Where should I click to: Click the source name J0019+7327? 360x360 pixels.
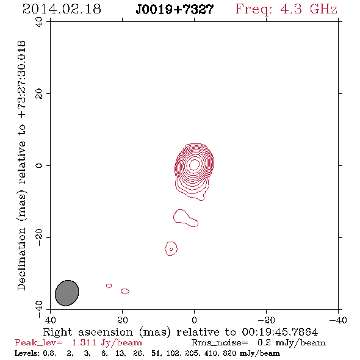(x=175, y=10)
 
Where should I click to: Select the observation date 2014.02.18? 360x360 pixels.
(x=62, y=9)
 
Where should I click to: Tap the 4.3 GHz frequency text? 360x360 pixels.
(x=309, y=9)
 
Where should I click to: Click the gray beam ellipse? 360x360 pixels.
(x=67, y=293)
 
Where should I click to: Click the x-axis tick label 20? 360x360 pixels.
(x=123, y=320)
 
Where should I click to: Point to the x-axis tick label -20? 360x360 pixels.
(x=266, y=320)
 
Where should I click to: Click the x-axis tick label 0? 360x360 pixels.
(x=194, y=320)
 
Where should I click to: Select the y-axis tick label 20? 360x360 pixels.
(x=39, y=94)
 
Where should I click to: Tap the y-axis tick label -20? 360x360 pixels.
(x=39, y=237)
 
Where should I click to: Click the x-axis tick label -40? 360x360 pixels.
(x=338, y=320)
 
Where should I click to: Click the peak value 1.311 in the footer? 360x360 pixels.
(x=84, y=343)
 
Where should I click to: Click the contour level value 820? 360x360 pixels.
(x=229, y=353)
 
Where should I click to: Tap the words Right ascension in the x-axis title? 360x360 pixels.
(x=88, y=332)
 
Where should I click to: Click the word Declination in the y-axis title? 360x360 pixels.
(x=21, y=259)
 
